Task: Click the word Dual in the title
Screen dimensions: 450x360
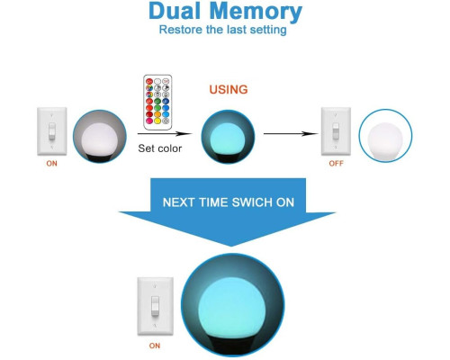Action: coord(175,11)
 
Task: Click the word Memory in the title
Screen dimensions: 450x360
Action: coord(256,13)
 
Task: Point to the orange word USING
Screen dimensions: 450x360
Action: coord(229,90)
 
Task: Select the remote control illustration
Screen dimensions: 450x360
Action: coord(157,103)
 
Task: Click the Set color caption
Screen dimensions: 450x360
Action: coord(160,148)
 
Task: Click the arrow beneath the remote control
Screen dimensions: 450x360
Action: coord(165,133)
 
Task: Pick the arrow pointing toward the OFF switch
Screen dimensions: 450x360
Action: coord(291,133)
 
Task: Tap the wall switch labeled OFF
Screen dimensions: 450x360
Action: coord(336,131)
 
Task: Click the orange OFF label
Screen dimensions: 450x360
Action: coord(336,164)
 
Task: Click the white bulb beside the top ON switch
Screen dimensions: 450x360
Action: coord(100,137)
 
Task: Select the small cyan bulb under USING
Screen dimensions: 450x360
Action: coord(228,137)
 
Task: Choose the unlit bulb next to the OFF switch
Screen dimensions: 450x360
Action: coord(385,136)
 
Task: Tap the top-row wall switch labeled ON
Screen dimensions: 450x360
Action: coord(52,131)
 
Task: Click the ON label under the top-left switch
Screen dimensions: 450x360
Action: coord(51,164)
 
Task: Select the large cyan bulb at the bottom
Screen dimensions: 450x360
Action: coord(232,305)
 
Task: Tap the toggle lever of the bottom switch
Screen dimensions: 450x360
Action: coord(155,306)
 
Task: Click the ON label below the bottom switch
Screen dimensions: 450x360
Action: coord(155,346)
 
